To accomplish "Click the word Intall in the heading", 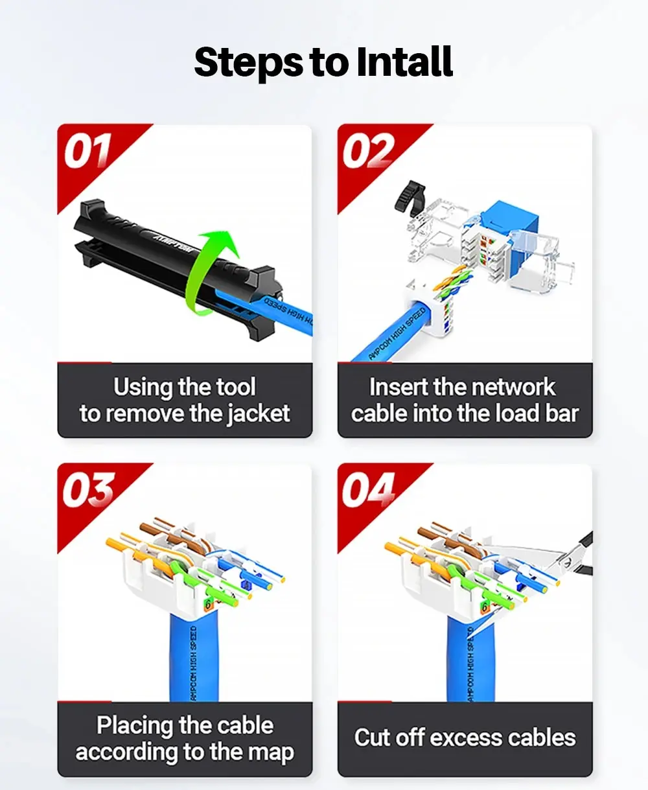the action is point(404,61).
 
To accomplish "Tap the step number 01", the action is point(87,150).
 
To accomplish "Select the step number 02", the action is point(368,150).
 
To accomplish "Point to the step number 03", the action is point(88,489).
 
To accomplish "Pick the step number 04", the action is point(368,489).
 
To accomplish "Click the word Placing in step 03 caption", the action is point(135,726).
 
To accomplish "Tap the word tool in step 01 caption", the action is point(236,387).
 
